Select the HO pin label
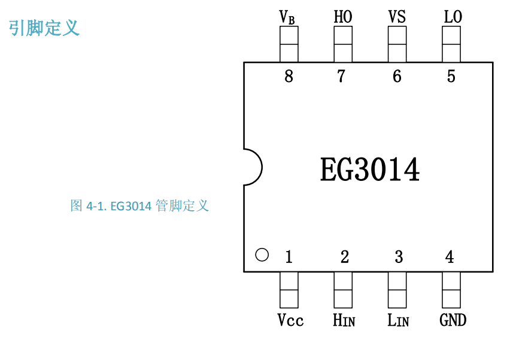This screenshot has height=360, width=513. (x=342, y=17)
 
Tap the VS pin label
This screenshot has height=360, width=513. (x=397, y=17)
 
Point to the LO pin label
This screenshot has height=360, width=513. (x=453, y=17)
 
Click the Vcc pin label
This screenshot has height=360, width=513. (x=290, y=320)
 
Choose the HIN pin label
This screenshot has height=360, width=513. (x=344, y=320)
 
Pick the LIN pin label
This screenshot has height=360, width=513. (x=398, y=320)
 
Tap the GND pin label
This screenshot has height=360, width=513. (x=453, y=320)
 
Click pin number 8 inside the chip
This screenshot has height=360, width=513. (x=289, y=77)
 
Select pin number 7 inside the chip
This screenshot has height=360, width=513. (x=341, y=77)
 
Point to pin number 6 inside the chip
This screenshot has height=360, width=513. (x=397, y=77)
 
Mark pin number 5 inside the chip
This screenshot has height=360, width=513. (x=451, y=77)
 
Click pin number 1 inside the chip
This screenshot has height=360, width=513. (x=289, y=258)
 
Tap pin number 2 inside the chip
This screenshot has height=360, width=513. (x=344, y=258)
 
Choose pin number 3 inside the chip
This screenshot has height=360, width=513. (x=399, y=258)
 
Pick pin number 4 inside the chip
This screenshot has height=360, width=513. (x=450, y=258)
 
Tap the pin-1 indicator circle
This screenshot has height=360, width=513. (x=262, y=255)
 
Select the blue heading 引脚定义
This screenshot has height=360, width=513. (x=44, y=28)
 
